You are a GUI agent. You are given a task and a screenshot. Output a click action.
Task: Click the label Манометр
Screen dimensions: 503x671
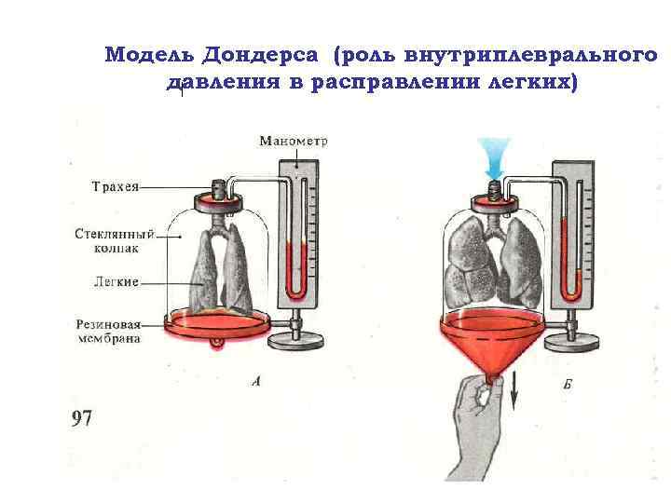(x=293, y=142)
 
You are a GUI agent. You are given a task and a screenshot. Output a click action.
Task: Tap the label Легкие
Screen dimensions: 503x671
(x=116, y=281)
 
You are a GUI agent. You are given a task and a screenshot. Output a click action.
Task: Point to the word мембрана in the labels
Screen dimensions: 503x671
(x=108, y=339)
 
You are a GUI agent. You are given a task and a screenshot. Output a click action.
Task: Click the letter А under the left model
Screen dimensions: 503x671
(x=255, y=381)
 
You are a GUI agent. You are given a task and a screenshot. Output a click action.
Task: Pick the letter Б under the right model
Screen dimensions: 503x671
(x=567, y=384)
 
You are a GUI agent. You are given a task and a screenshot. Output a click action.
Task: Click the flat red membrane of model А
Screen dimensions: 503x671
(x=216, y=325)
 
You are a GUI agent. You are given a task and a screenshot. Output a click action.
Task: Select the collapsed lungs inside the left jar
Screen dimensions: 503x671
(x=221, y=270)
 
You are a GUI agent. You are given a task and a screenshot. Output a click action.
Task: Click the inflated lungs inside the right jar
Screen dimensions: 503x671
(x=491, y=260)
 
